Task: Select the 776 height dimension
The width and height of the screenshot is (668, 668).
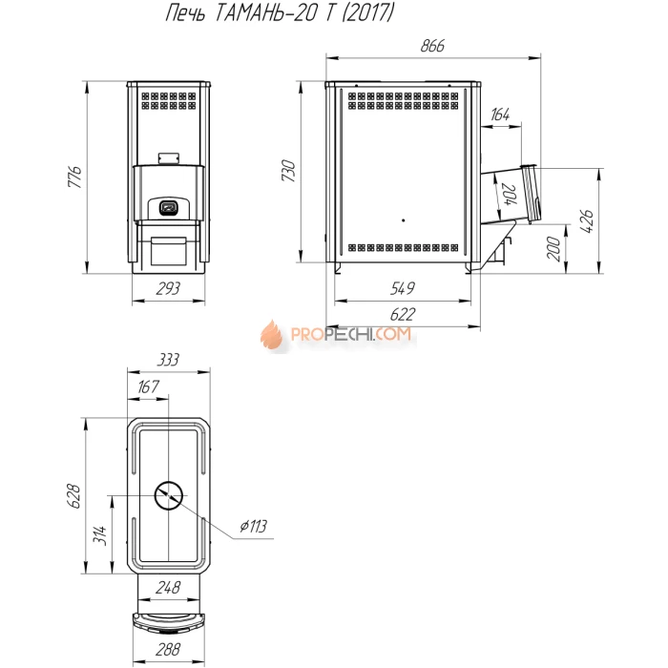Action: (x=75, y=177)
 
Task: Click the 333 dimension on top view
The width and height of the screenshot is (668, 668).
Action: (x=168, y=360)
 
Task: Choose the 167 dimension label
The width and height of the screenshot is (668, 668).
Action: (x=149, y=386)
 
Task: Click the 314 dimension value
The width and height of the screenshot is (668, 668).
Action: (x=100, y=534)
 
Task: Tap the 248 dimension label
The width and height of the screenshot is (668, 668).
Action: (x=168, y=588)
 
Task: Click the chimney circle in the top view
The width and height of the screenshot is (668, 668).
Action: (x=168, y=494)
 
